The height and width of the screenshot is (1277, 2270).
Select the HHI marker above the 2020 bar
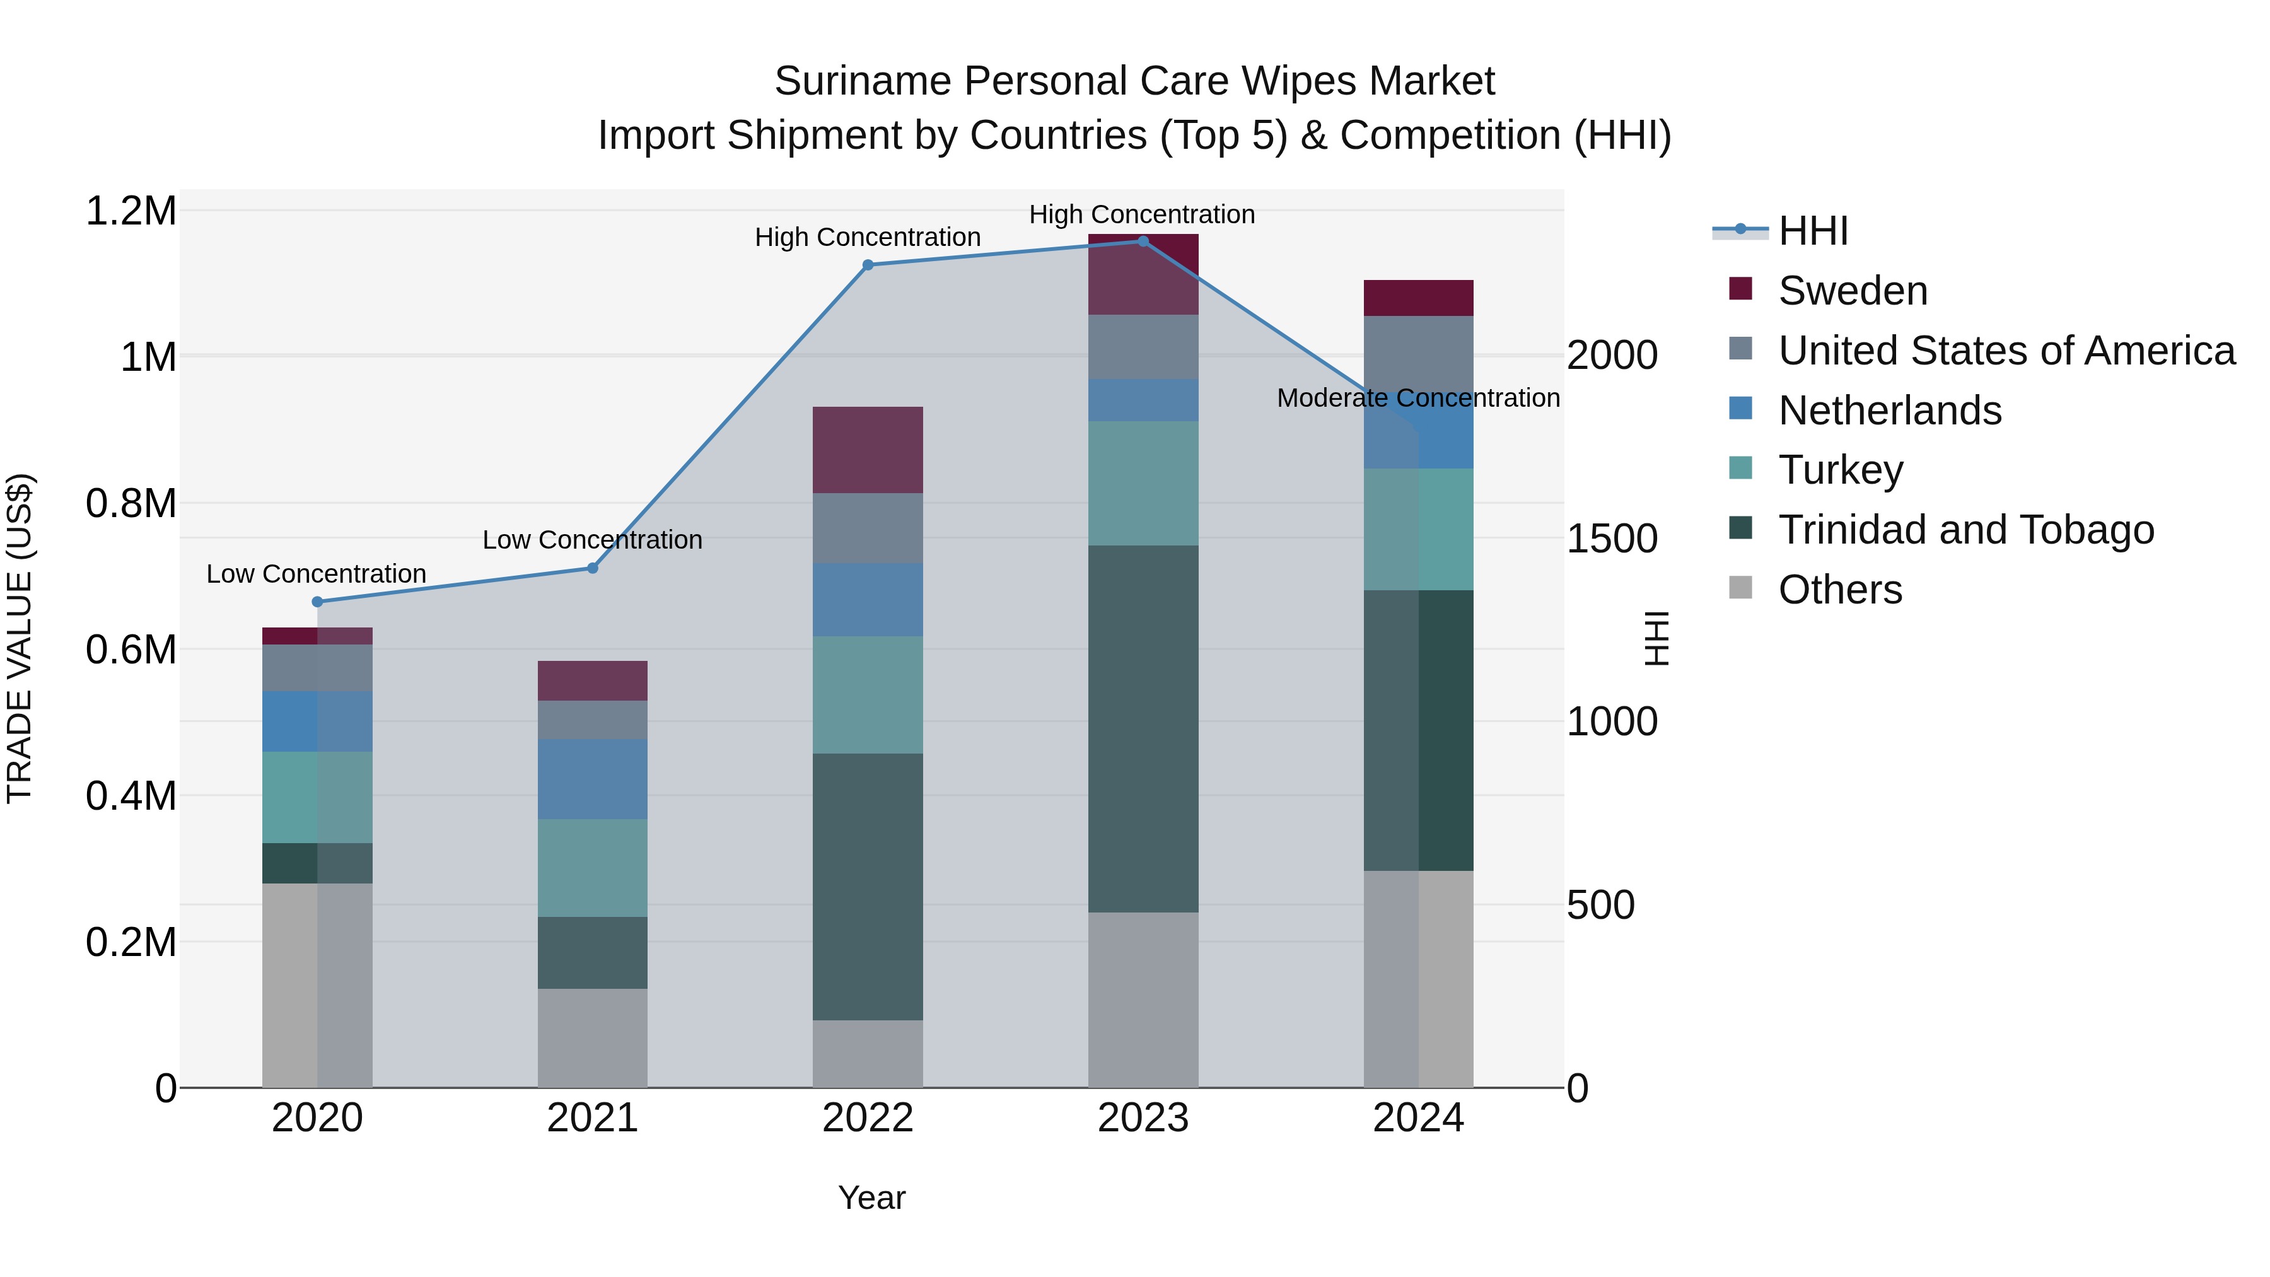[x=317, y=602]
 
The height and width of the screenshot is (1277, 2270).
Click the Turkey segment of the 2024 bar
[x=1418, y=529]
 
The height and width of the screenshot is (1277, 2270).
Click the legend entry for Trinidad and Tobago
[x=1965, y=530]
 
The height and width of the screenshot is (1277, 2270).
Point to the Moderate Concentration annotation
[x=1418, y=399]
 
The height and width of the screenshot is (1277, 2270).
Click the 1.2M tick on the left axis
[x=131, y=211]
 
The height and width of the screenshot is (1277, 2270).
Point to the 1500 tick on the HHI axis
[x=1612, y=539]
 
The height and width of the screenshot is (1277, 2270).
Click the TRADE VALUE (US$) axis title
[x=20, y=638]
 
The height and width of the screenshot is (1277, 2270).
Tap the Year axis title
[x=871, y=1198]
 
